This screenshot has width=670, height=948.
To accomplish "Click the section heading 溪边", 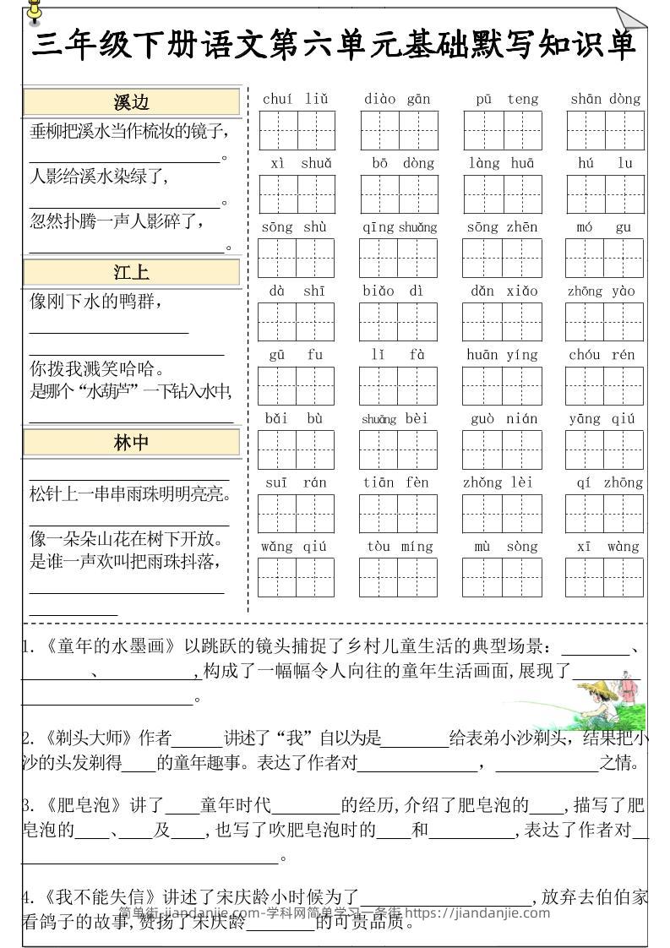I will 131,102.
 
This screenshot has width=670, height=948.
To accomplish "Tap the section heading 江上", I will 131,272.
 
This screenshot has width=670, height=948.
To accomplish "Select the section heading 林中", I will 131,443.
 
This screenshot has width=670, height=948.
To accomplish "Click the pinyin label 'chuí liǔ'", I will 295,99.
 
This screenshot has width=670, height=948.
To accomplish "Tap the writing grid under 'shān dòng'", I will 605,130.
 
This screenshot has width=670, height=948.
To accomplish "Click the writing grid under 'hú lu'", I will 605,194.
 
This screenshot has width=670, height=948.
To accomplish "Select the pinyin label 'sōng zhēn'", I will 502,227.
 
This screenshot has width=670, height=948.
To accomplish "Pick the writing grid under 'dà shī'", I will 296,322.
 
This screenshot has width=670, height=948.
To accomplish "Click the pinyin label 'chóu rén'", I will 605,355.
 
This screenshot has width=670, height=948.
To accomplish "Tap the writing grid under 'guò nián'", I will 502,449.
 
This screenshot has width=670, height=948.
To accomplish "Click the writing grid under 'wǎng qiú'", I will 296,577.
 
